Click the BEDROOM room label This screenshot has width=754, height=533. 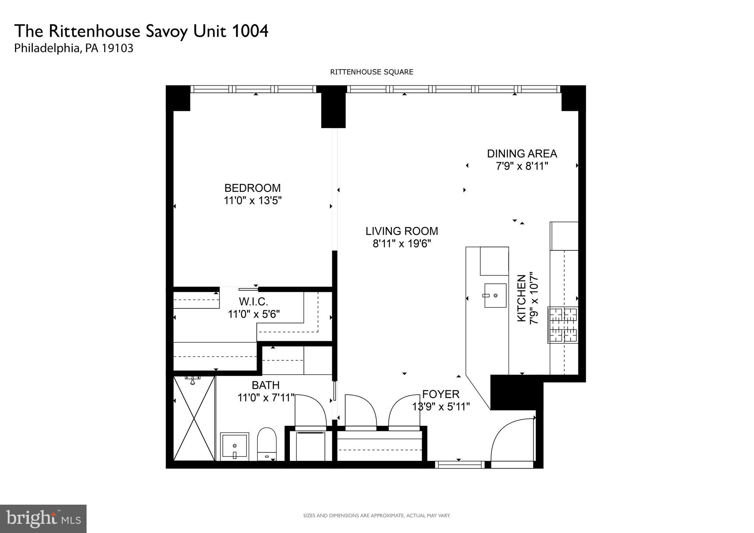pyautogui.click(x=252, y=188)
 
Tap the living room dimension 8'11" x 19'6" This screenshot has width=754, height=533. pyautogui.click(x=401, y=244)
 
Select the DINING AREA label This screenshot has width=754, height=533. pyautogui.click(x=522, y=153)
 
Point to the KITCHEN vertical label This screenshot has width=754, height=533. pyautogui.click(x=522, y=298)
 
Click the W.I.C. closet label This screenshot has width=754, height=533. pyautogui.click(x=253, y=302)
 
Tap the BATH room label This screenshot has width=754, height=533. pyautogui.click(x=265, y=385)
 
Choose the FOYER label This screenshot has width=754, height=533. pyautogui.click(x=441, y=394)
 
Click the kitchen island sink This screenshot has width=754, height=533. pyautogui.click(x=495, y=295)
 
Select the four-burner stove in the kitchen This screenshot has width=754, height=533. pyautogui.click(x=563, y=325)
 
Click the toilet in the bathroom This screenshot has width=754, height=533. pyautogui.click(x=267, y=443)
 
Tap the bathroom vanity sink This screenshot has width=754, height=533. pyautogui.click(x=235, y=446)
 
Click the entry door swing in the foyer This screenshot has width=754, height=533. pyautogui.click(x=512, y=440)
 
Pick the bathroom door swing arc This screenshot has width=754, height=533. pyautogui.click(x=310, y=410)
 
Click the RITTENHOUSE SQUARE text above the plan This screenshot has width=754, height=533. pyautogui.click(x=371, y=72)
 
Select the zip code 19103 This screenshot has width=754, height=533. pyautogui.click(x=117, y=49)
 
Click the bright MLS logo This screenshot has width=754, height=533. pyautogui.click(x=43, y=519)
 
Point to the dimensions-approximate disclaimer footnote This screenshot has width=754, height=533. pyautogui.click(x=376, y=516)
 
